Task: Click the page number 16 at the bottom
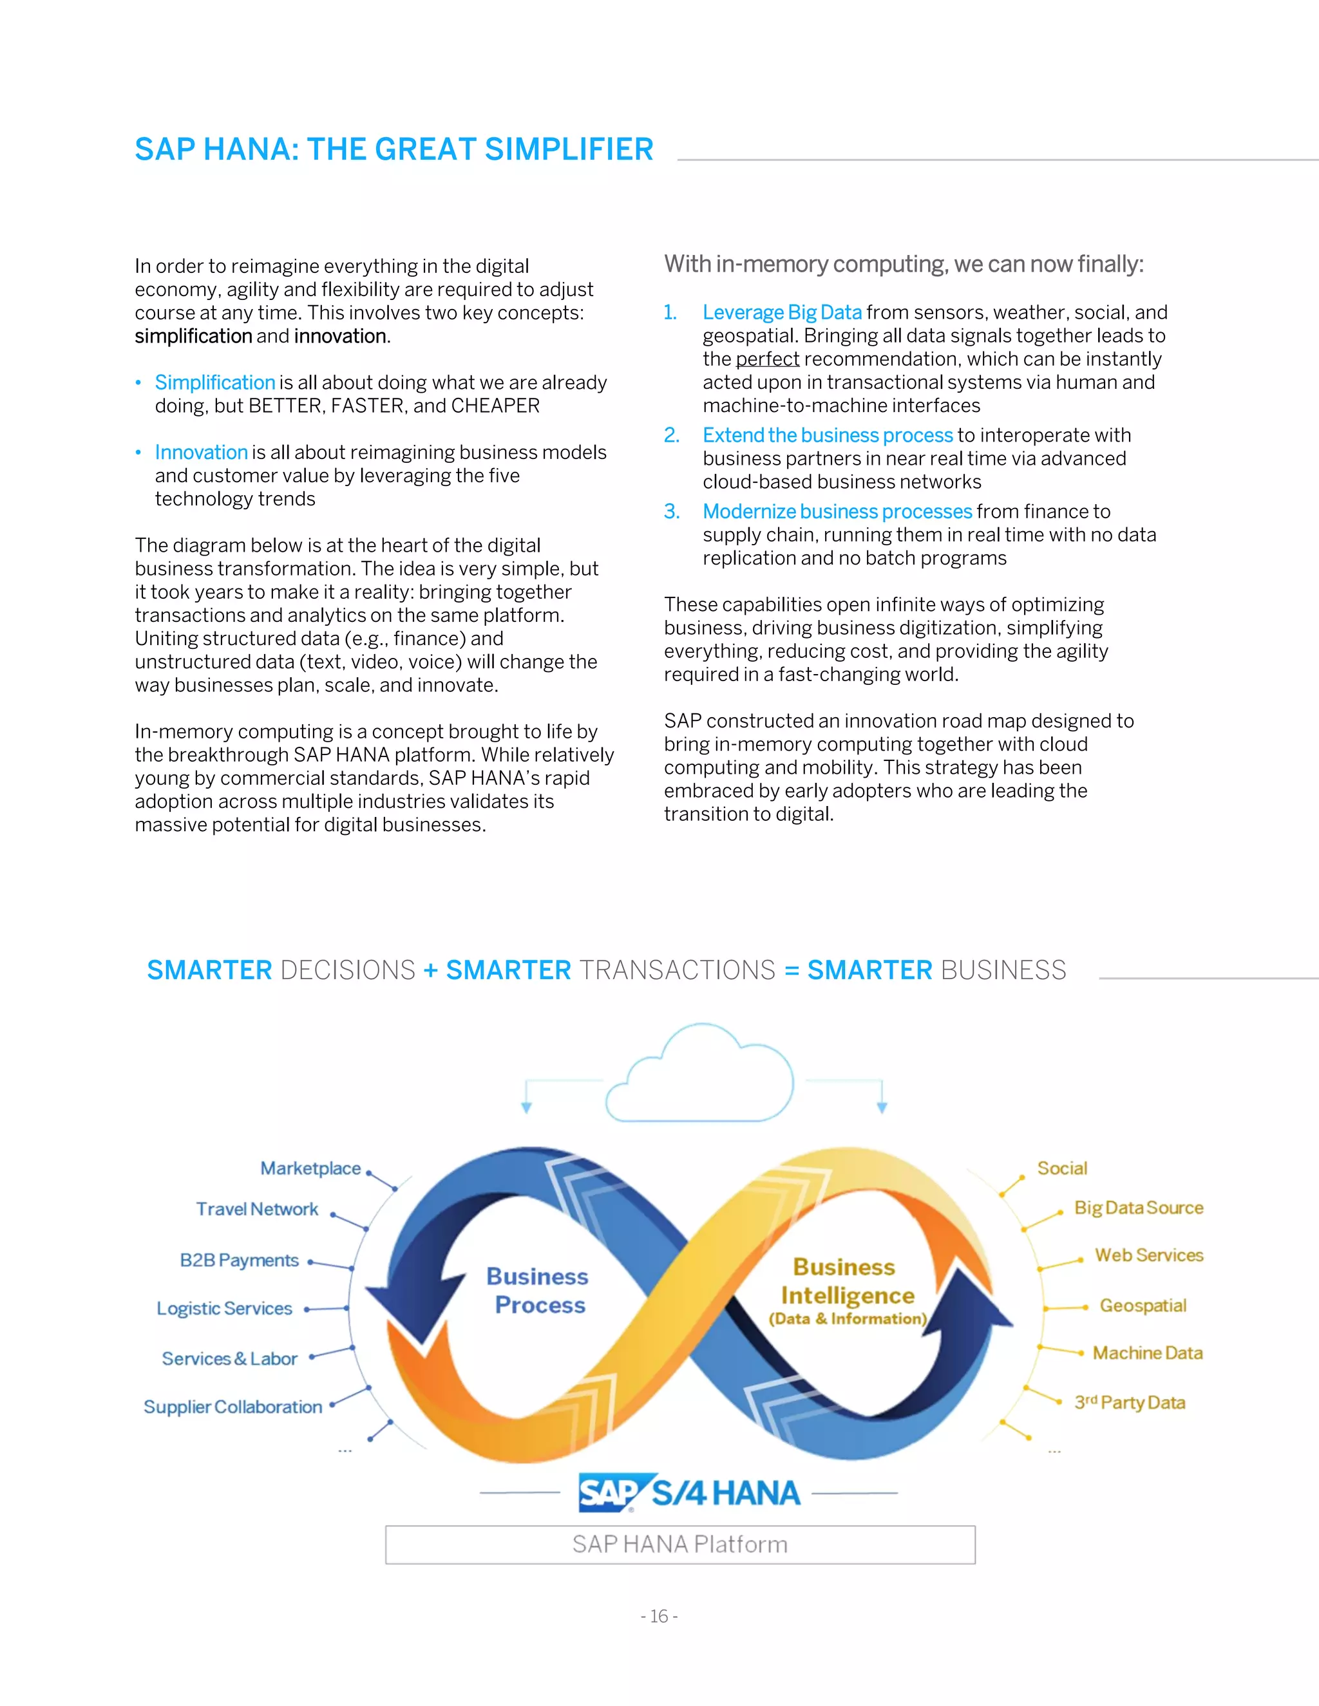click(659, 1615)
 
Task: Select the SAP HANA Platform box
click(680, 1544)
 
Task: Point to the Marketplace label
click(310, 1168)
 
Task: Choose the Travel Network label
click(257, 1209)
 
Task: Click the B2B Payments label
click(239, 1260)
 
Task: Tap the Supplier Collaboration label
click(233, 1407)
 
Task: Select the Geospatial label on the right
click(1143, 1306)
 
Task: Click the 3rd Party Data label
click(1129, 1402)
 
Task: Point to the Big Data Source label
click(1139, 1208)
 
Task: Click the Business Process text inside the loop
click(538, 1290)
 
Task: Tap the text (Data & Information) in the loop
click(848, 1318)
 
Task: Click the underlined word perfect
click(767, 359)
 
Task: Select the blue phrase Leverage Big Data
click(781, 312)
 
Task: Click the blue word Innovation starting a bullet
click(201, 453)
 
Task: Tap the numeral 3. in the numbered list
click(672, 512)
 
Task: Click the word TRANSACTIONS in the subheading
click(677, 970)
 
